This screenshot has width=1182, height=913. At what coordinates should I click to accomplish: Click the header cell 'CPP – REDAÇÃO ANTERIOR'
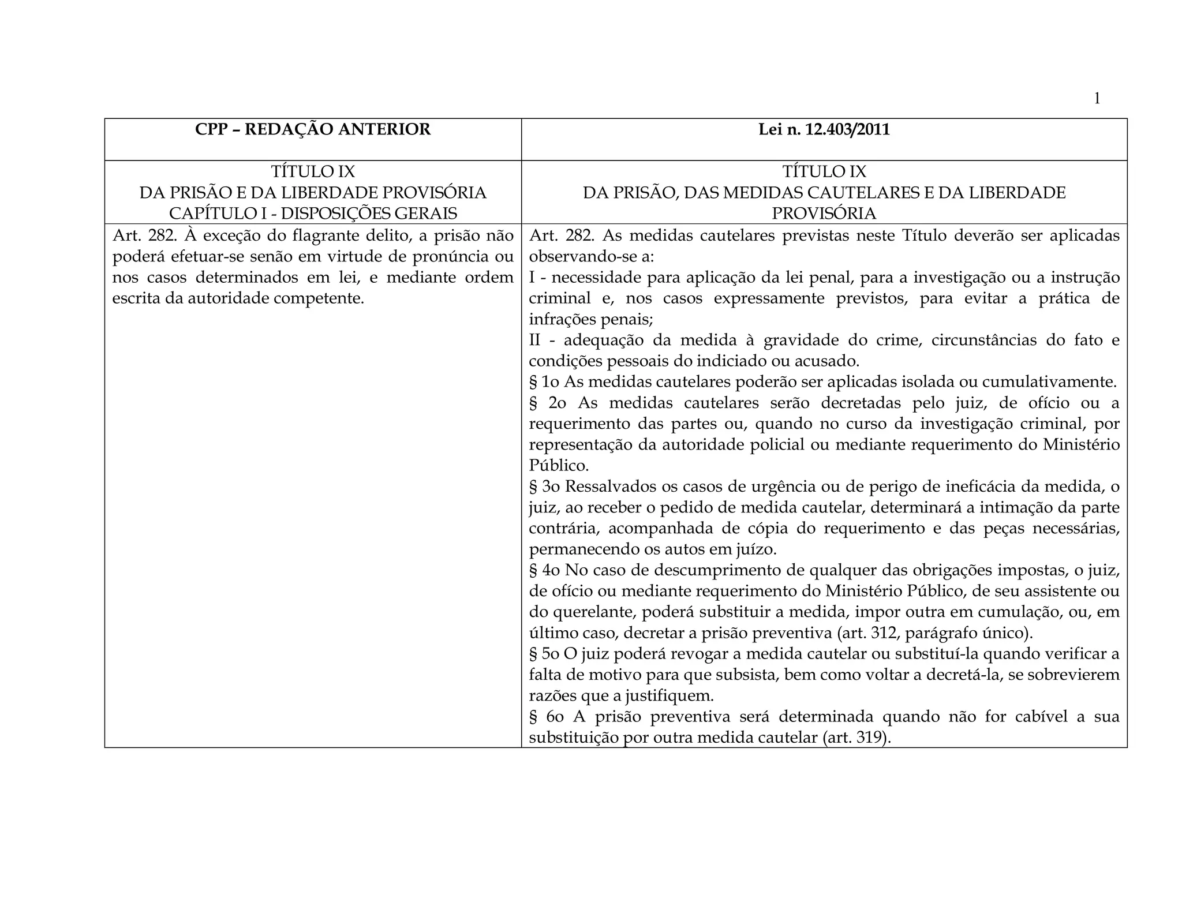313,129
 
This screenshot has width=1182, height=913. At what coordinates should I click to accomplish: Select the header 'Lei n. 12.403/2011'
824,130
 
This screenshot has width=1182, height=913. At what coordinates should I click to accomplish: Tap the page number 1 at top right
1097,99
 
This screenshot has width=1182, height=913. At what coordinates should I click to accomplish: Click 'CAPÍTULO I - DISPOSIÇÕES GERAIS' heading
313,214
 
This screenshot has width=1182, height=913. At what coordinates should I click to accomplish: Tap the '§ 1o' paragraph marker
544,382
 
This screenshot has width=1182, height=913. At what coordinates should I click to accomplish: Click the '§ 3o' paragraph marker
545,487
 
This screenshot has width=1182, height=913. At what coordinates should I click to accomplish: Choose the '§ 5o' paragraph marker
544,654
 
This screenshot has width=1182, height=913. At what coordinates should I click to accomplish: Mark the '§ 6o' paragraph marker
547,717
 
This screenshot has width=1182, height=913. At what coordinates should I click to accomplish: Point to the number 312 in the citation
888,633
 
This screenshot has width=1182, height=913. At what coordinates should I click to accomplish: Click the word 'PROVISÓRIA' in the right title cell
824,214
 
